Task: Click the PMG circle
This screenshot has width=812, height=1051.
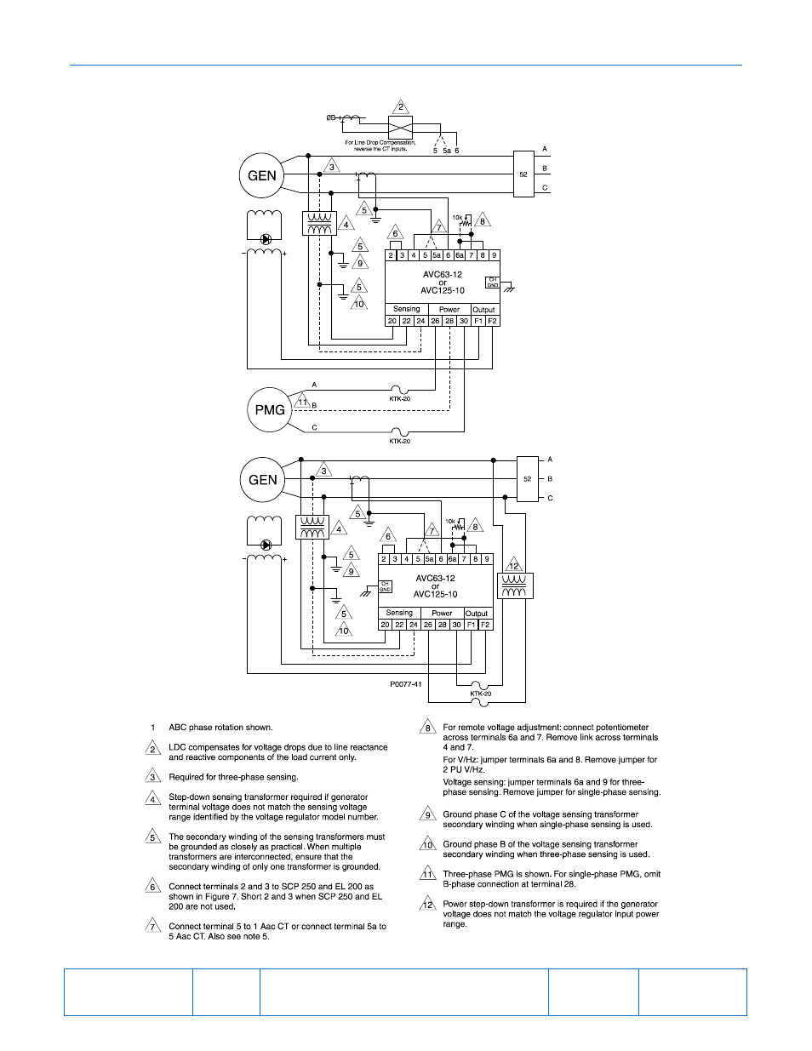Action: tap(269, 409)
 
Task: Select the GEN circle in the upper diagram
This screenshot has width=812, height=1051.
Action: tap(261, 175)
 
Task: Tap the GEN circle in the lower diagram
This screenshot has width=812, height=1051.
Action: tap(262, 479)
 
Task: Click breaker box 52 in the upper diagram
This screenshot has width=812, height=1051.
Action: tap(523, 174)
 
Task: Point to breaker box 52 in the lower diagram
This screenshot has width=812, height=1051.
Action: tap(528, 478)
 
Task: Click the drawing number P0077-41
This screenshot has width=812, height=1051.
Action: tap(406, 684)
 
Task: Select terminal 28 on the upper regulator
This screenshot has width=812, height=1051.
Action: tap(449, 321)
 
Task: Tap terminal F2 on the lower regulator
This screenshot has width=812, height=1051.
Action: tap(485, 625)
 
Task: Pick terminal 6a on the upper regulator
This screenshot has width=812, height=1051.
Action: tap(460, 255)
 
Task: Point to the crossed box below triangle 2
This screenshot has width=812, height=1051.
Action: tap(400, 129)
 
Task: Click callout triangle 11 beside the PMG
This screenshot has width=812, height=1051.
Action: tap(302, 402)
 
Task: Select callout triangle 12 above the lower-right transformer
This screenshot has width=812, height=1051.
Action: tap(513, 565)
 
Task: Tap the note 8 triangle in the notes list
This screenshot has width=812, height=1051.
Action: tap(427, 728)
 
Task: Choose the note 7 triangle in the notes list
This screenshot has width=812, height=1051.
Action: tap(152, 926)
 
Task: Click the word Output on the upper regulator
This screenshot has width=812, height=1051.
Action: tap(483, 310)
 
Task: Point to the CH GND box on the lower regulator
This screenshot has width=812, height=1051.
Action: tap(385, 587)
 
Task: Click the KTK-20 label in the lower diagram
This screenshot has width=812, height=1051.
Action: tap(481, 694)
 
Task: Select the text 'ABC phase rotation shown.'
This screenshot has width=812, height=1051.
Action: tap(220, 728)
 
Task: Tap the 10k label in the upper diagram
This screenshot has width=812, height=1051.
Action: tap(457, 218)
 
